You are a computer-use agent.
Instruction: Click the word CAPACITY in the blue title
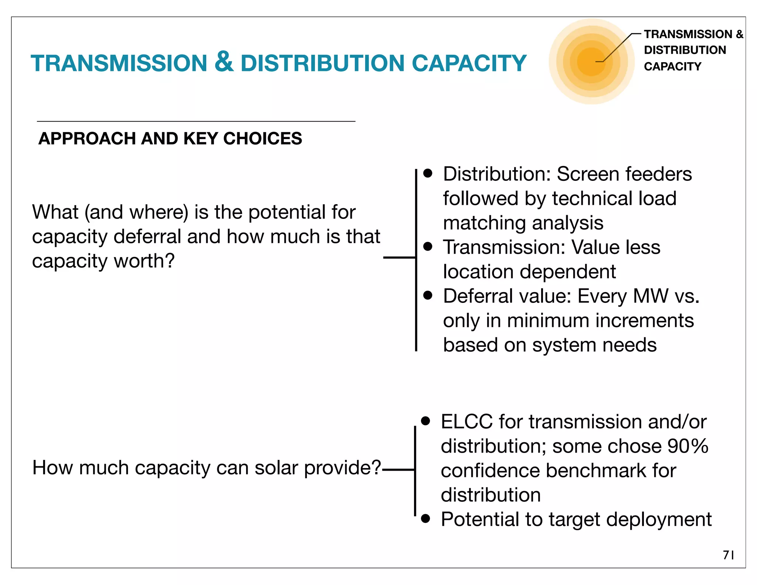click(x=469, y=63)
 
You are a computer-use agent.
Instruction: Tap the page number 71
click(x=729, y=555)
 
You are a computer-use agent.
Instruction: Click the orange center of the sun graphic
click(x=591, y=61)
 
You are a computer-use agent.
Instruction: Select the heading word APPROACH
click(x=87, y=139)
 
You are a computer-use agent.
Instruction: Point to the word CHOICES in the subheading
click(x=262, y=139)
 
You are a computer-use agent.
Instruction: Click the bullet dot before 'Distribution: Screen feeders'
click(x=428, y=173)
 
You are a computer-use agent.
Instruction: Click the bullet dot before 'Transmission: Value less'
click(x=428, y=247)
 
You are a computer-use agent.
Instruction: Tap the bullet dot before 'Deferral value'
click(x=428, y=295)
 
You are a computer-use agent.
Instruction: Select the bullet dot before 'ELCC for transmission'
click(x=425, y=421)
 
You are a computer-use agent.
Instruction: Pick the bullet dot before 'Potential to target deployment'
click(x=425, y=518)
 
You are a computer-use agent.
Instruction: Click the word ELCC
click(x=466, y=422)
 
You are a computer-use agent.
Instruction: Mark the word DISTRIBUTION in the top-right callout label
click(x=685, y=50)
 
